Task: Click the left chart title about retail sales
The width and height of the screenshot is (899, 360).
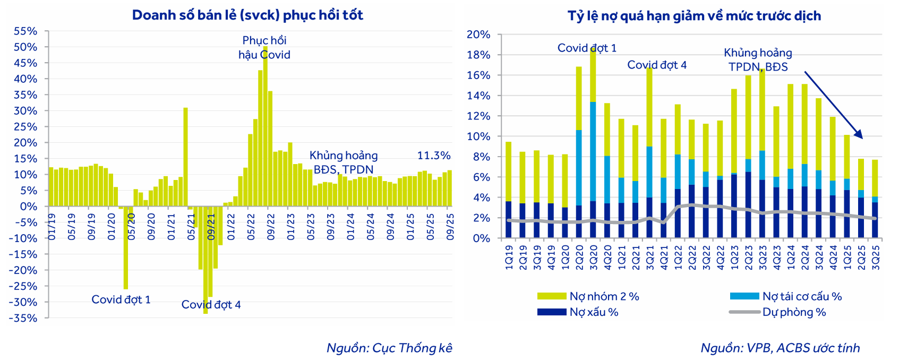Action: [x=247, y=15]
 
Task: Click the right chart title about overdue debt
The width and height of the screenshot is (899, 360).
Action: [x=694, y=16]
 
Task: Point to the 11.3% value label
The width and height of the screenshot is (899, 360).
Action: [x=433, y=156]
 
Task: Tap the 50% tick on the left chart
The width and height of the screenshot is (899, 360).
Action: [x=25, y=47]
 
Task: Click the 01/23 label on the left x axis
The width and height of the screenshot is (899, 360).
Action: [x=290, y=227]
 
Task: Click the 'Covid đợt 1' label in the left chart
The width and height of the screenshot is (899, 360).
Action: [x=121, y=299]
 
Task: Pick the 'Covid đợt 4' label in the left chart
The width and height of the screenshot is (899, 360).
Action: [x=211, y=305]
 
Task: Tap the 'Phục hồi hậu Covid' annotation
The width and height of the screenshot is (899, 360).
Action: [x=264, y=48]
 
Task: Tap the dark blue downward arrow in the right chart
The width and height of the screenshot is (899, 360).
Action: [x=833, y=105]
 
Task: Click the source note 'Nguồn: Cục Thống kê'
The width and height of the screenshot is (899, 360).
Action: [x=389, y=348]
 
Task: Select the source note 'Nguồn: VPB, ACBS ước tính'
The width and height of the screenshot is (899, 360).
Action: [x=780, y=348]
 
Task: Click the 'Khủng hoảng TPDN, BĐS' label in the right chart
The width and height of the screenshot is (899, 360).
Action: [x=758, y=60]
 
